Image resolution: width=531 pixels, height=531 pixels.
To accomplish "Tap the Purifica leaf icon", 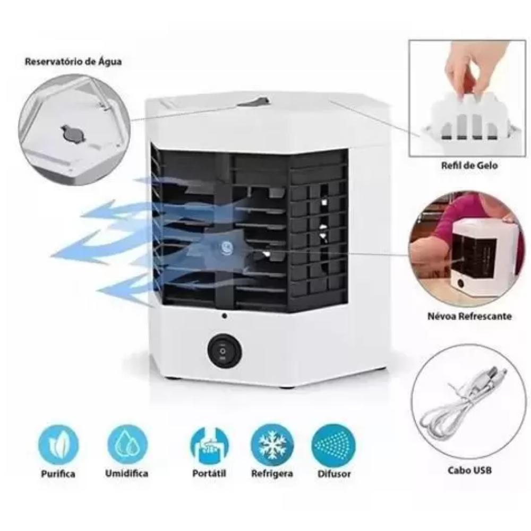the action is pyautogui.click(x=58, y=444).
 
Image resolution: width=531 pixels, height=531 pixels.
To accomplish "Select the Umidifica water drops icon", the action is pyautogui.click(x=127, y=444).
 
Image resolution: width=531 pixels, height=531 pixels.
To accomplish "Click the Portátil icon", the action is pyautogui.click(x=209, y=444).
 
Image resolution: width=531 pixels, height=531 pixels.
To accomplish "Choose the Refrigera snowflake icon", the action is pyautogui.click(x=272, y=444).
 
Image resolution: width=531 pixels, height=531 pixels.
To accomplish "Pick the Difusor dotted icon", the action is pyautogui.click(x=333, y=444).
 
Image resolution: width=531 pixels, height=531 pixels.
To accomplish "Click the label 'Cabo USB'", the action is pyautogui.click(x=469, y=470).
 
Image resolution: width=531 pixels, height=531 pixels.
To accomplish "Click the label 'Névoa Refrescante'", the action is pyautogui.click(x=469, y=316).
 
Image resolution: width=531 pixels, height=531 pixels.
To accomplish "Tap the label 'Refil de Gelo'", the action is pyautogui.click(x=469, y=166).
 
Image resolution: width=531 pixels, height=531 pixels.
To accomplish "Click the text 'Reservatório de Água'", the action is pyautogui.click(x=73, y=62).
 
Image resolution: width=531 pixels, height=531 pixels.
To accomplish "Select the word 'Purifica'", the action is pyautogui.click(x=58, y=474).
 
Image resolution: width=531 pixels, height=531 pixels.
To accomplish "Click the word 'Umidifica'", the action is pyautogui.click(x=127, y=473).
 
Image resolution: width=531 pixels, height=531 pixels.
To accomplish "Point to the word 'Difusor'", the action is pyautogui.click(x=334, y=474).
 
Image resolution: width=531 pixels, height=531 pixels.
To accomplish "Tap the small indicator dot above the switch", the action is pyautogui.click(x=224, y=316).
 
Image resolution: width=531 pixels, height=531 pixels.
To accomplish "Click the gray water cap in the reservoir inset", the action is pyautogui.click(x=72, y=132).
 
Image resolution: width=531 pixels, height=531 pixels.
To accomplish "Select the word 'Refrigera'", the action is pyautogui.click(x=272, y=474).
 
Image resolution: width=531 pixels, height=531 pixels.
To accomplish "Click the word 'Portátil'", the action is pyautogui.click(x=209, y=473).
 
